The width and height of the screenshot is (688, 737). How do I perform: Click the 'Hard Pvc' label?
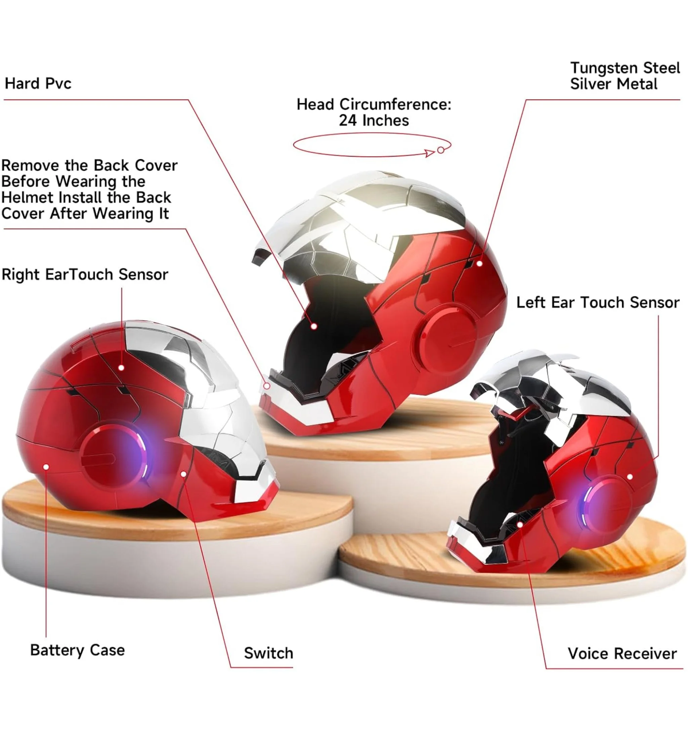(38, 83)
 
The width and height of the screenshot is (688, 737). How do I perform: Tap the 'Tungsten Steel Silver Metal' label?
(625, 76)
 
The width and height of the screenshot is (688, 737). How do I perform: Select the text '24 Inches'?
(374, 121)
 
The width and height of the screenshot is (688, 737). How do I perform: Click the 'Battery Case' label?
(77, 650)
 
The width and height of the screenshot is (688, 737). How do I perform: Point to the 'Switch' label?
(268, 653)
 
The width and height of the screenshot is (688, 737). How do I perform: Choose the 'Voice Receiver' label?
(622, 653)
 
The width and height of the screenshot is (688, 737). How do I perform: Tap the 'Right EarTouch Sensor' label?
(85, 274)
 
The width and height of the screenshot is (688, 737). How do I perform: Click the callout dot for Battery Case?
(46, 466)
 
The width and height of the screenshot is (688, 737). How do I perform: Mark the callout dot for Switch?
(183, 474)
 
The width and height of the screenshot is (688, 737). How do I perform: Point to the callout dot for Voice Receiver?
(520, 525)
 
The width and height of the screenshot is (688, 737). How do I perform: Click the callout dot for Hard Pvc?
(314, 326)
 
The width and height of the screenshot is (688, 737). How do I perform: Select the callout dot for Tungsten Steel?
(479, 263)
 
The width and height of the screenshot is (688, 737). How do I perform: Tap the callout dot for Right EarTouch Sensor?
(122, 368)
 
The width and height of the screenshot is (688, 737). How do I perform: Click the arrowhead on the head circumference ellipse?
(430, 153)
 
